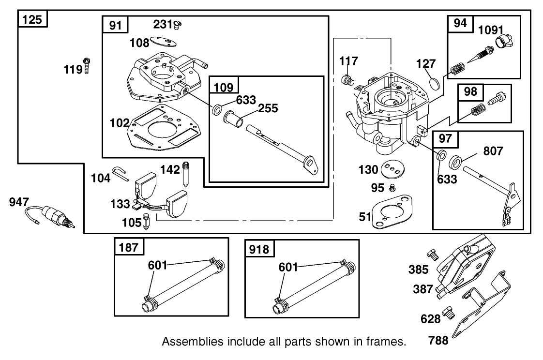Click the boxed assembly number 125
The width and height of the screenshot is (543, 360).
click(x=32, y=20)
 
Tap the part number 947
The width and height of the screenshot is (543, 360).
click(x=20, y=202)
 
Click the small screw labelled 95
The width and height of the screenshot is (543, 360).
click(x=392, y=187)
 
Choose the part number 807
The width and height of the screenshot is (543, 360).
click(x=493, y=151)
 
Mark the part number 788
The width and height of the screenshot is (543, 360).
click(x=438, y=341)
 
